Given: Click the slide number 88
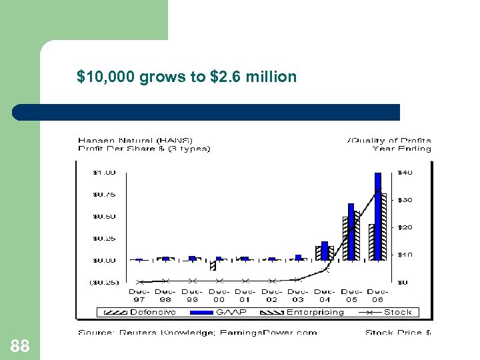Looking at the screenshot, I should [20, 345].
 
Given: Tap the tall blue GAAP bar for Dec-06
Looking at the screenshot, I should [378, 216].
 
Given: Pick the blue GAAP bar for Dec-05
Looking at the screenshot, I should [351, 231].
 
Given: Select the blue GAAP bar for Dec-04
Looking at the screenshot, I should [325, 251].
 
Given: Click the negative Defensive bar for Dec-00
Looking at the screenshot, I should [213, 265].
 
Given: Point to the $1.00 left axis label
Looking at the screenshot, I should [103, 172].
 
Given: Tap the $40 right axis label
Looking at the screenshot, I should [405, 172].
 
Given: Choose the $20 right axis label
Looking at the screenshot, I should [405, 227].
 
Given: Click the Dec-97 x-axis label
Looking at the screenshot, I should [139, 295].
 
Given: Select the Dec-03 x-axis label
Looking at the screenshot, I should [298, 295].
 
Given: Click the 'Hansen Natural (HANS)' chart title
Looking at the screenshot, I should [135, 140].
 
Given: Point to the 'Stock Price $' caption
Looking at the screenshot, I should [398, 332].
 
